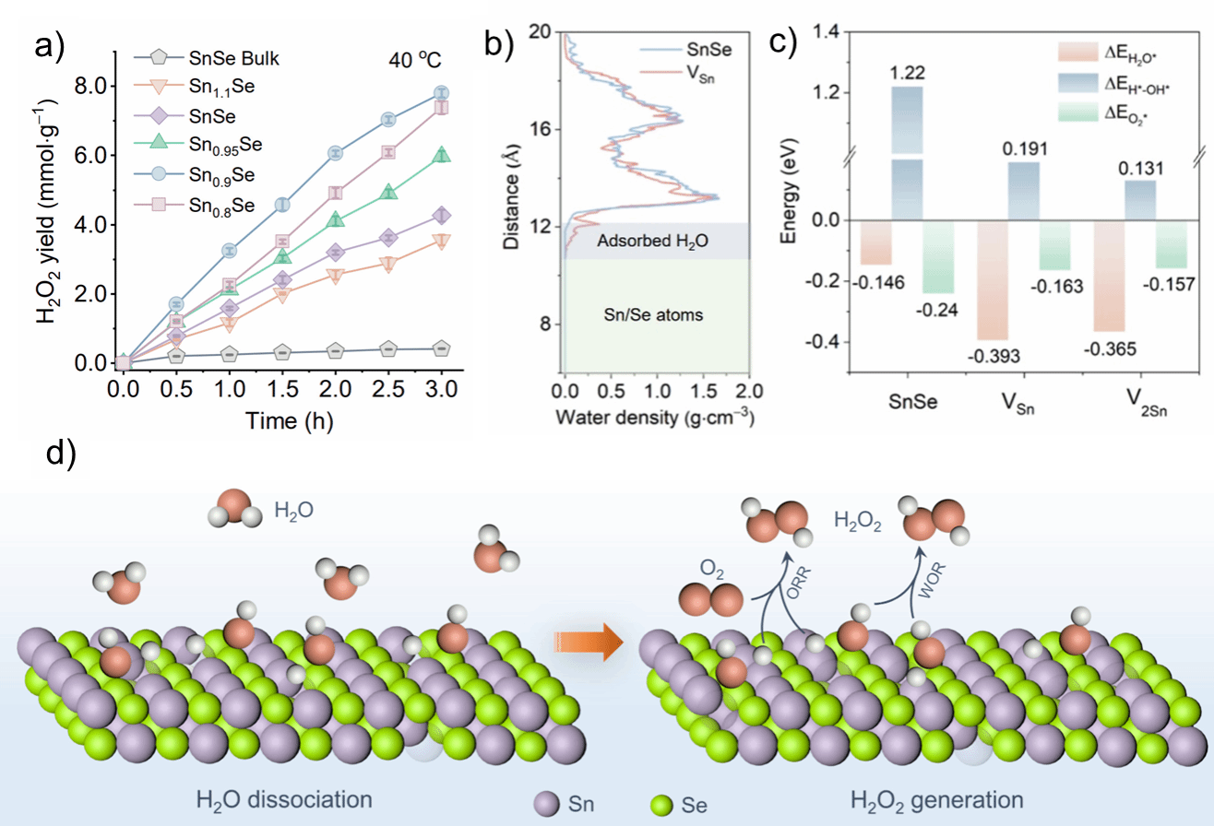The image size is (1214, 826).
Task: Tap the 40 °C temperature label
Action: pos(414,62)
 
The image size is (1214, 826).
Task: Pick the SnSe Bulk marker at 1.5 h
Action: pos(282,352)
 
